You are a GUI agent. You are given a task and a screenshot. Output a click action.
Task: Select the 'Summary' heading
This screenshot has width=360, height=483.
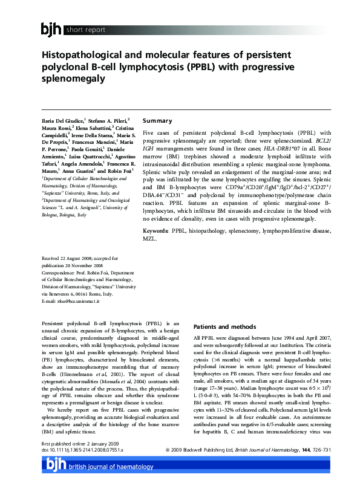tap(157, 121)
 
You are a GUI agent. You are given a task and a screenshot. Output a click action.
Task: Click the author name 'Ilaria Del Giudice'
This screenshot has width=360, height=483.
tap(63, 122)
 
